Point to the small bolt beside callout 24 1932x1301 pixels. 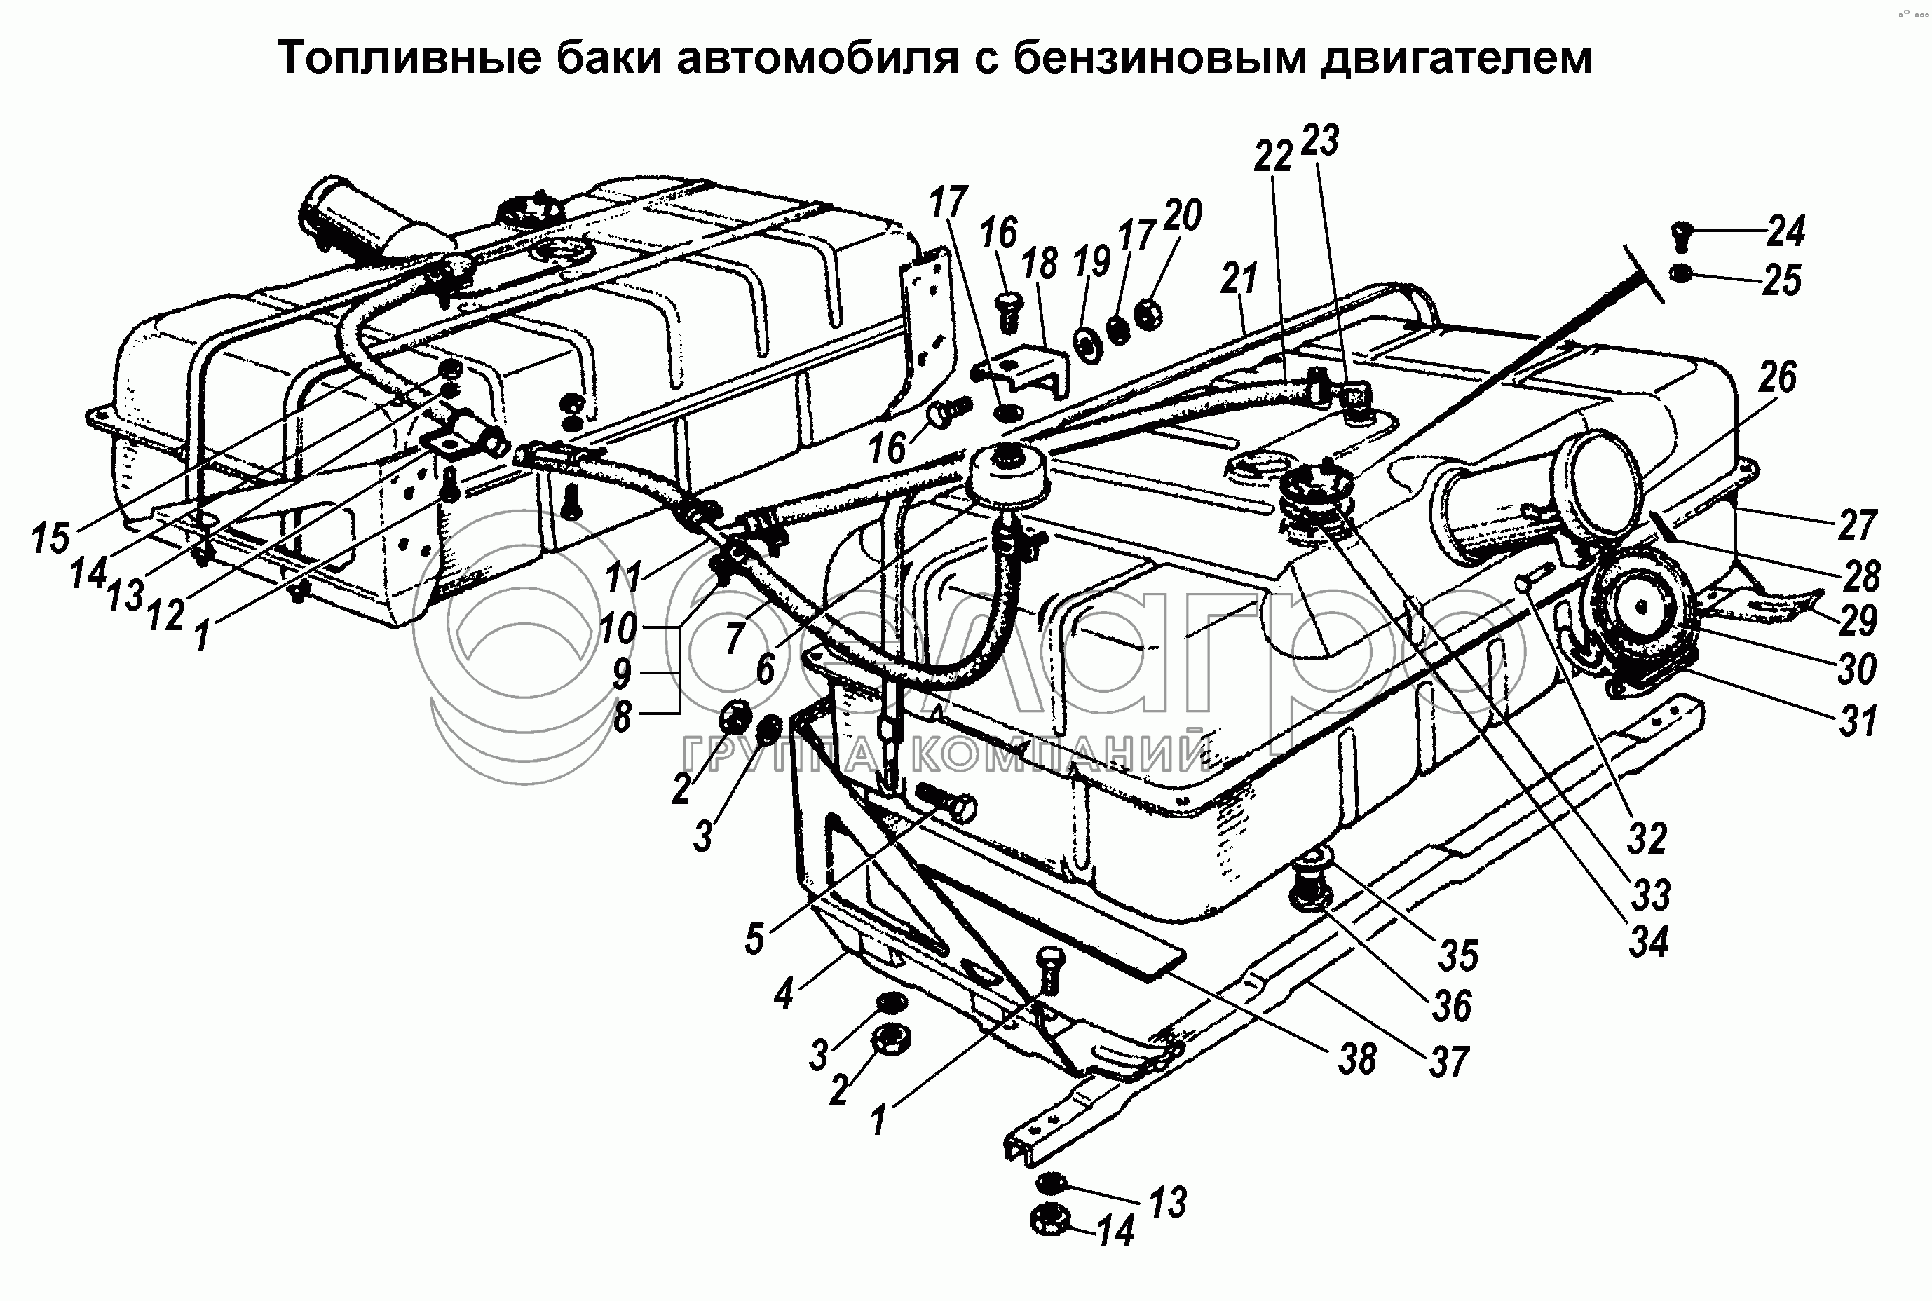coord(1680,235)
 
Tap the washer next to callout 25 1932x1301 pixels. coord(1680,272)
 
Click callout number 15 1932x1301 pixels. coord(50,538)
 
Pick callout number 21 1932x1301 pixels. coord(1239,279)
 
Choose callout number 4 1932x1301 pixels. coord(784,993)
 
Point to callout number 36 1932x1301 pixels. coord(1453,1006)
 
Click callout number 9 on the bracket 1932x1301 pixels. coord(623,674)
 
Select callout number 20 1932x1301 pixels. coord(1182,216)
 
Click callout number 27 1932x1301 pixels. coord(1856,524)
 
